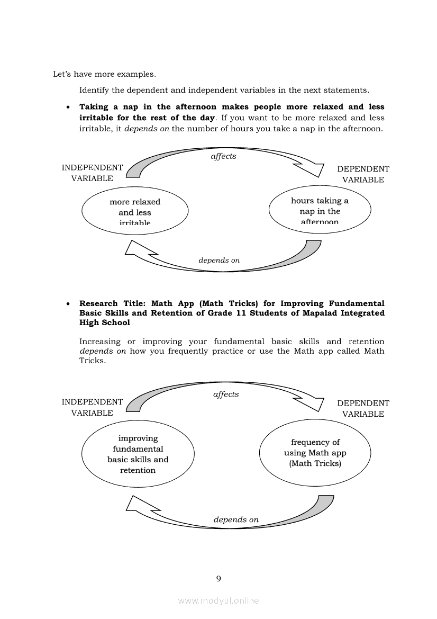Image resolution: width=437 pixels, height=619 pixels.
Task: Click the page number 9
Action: point(218,579)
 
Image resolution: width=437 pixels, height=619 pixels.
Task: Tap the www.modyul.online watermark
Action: point(218,600)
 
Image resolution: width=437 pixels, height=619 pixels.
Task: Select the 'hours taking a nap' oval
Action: point(320,211)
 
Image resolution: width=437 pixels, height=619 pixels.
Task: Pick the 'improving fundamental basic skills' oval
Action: point(138,454)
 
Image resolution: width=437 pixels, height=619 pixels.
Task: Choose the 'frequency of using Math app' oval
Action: point(315,453)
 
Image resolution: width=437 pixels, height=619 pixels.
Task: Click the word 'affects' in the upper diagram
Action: point(223,156)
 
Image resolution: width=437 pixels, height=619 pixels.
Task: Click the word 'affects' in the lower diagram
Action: point(226,394)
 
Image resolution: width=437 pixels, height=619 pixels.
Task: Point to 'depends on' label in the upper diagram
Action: point(219,260)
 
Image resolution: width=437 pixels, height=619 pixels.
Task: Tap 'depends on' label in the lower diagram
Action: point(236,519)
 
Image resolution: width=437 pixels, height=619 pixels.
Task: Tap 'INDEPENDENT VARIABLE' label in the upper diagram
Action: point(92,173)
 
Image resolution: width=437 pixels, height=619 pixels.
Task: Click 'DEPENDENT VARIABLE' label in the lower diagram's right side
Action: point(363,409)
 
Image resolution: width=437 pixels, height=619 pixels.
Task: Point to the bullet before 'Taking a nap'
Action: point(68,107)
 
